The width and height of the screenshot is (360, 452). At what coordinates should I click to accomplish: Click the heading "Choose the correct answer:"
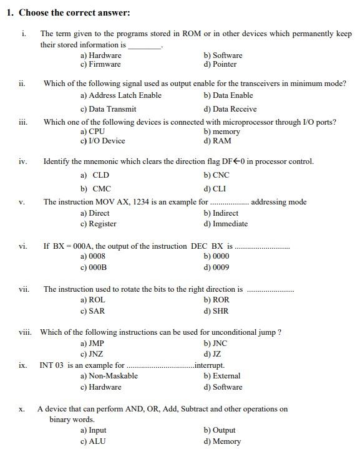(x=74, y=12)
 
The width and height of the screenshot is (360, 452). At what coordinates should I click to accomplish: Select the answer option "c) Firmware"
(x=100, y=64)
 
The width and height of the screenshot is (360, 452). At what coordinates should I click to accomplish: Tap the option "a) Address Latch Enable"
(x=120, y=95)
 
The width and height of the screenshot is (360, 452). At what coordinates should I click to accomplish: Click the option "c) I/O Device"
(x=102, y=141)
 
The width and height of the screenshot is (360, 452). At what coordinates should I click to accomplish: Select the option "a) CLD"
(x=94, y=176)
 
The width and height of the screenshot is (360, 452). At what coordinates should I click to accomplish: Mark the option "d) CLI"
(x=215, y=189)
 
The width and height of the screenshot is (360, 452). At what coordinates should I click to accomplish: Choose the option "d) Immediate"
(x=225, y=224)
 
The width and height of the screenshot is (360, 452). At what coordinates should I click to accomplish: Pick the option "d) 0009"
(x=216, y=267)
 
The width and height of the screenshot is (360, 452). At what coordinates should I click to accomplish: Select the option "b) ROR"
(x=216, y=300)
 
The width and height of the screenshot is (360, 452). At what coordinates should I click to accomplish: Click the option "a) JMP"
(x=92, y=344)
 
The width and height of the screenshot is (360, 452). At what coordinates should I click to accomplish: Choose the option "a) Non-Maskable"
(x=109, y=376)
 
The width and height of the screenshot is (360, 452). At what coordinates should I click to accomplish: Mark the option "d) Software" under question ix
(x=223, y=387)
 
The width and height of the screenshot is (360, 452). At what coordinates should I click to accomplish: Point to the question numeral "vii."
(x=24, y=289)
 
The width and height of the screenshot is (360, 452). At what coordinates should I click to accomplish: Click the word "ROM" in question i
(x=191, y=34)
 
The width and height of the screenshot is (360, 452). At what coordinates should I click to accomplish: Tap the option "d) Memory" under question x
(x=221, y=441)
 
